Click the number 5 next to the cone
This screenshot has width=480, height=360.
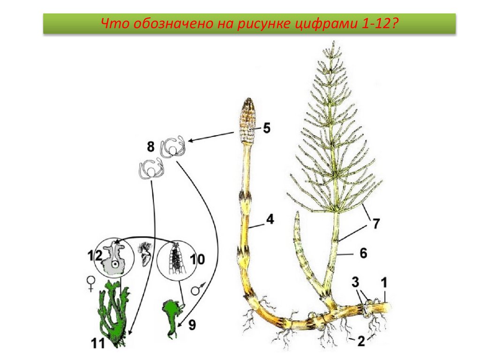(x=267, y=127)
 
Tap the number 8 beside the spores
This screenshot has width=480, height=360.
(x=150, y=147)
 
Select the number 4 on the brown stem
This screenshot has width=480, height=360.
(x=270, y=218)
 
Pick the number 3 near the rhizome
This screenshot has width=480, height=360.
(x=356, y=282)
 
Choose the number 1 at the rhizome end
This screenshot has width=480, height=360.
(x=384, y=282)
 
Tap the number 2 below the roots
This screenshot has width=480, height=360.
(x=360, y=341)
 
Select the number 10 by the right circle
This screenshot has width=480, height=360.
(x=197, y=259)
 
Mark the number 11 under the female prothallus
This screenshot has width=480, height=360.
(x=98, y=344)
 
